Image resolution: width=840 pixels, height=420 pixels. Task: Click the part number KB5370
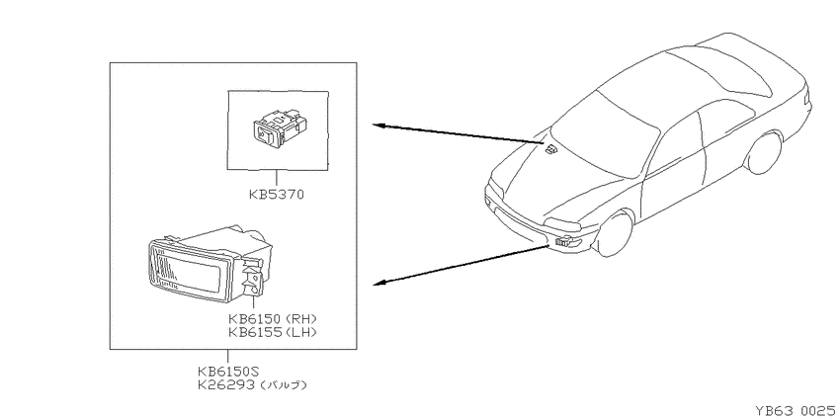pyautogui.click(x=276, y=195)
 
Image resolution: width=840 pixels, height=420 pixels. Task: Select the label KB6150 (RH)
pyautogui.click(x=272, y=319)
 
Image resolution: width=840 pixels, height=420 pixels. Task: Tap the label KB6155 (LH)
pyautogui.click(x=272, y=332)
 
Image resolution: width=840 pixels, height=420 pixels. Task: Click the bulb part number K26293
pyautogui.click(x=225, y=384)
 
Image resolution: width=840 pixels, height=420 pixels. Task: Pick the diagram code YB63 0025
pyautogui.click(x=795, y=411)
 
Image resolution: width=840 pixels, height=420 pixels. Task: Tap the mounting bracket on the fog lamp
pyautogui.click(x=254, y=277)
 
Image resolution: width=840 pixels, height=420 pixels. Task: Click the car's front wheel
pyautogui.click(x=615, y=234)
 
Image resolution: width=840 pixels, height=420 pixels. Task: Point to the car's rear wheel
pyautogui.click(x=764, y=153)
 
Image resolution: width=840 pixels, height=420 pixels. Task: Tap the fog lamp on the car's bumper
pyautogui.click(x=564, y=242)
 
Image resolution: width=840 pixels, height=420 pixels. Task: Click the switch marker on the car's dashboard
pyautogui.click(x=550, y=150)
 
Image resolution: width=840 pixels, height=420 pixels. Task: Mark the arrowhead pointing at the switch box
pyautogui.click(x=378, y=126)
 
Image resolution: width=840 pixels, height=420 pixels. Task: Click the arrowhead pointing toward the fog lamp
pyautogui.click(x=378, y=283)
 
